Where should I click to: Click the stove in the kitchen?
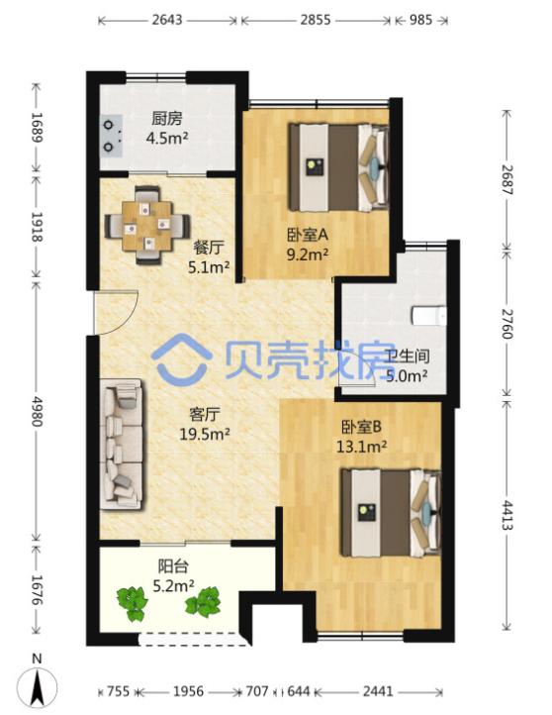coord(112,136)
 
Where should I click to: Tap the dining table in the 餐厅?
coord(147,225)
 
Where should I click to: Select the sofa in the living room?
coord(122,444)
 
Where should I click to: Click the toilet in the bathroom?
coord(428,315)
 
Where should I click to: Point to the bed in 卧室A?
coord(339,167)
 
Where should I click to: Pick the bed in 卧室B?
coord(391,513)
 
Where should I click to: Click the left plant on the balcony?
coord(133,604)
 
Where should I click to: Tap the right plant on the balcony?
coord(203,601)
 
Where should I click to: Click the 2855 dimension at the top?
coord(316,20)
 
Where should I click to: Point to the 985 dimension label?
coord(420,20)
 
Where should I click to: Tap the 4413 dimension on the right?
coord(506,514)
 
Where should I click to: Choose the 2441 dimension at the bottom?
coord(378,692)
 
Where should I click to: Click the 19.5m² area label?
coord(205,434)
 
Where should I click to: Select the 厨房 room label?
coord(167,119)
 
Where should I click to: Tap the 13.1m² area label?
coord(362,446)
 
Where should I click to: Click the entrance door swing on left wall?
coord(116,313)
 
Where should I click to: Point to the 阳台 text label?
coord(173,566)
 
